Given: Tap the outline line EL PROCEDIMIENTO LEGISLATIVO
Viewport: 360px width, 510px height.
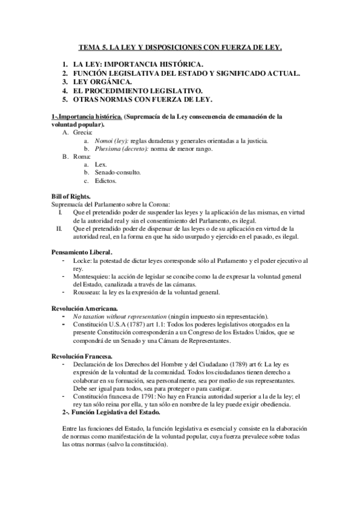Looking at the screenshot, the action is tap(138, 90).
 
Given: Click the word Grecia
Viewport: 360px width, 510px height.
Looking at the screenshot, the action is tap(82, 132).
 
